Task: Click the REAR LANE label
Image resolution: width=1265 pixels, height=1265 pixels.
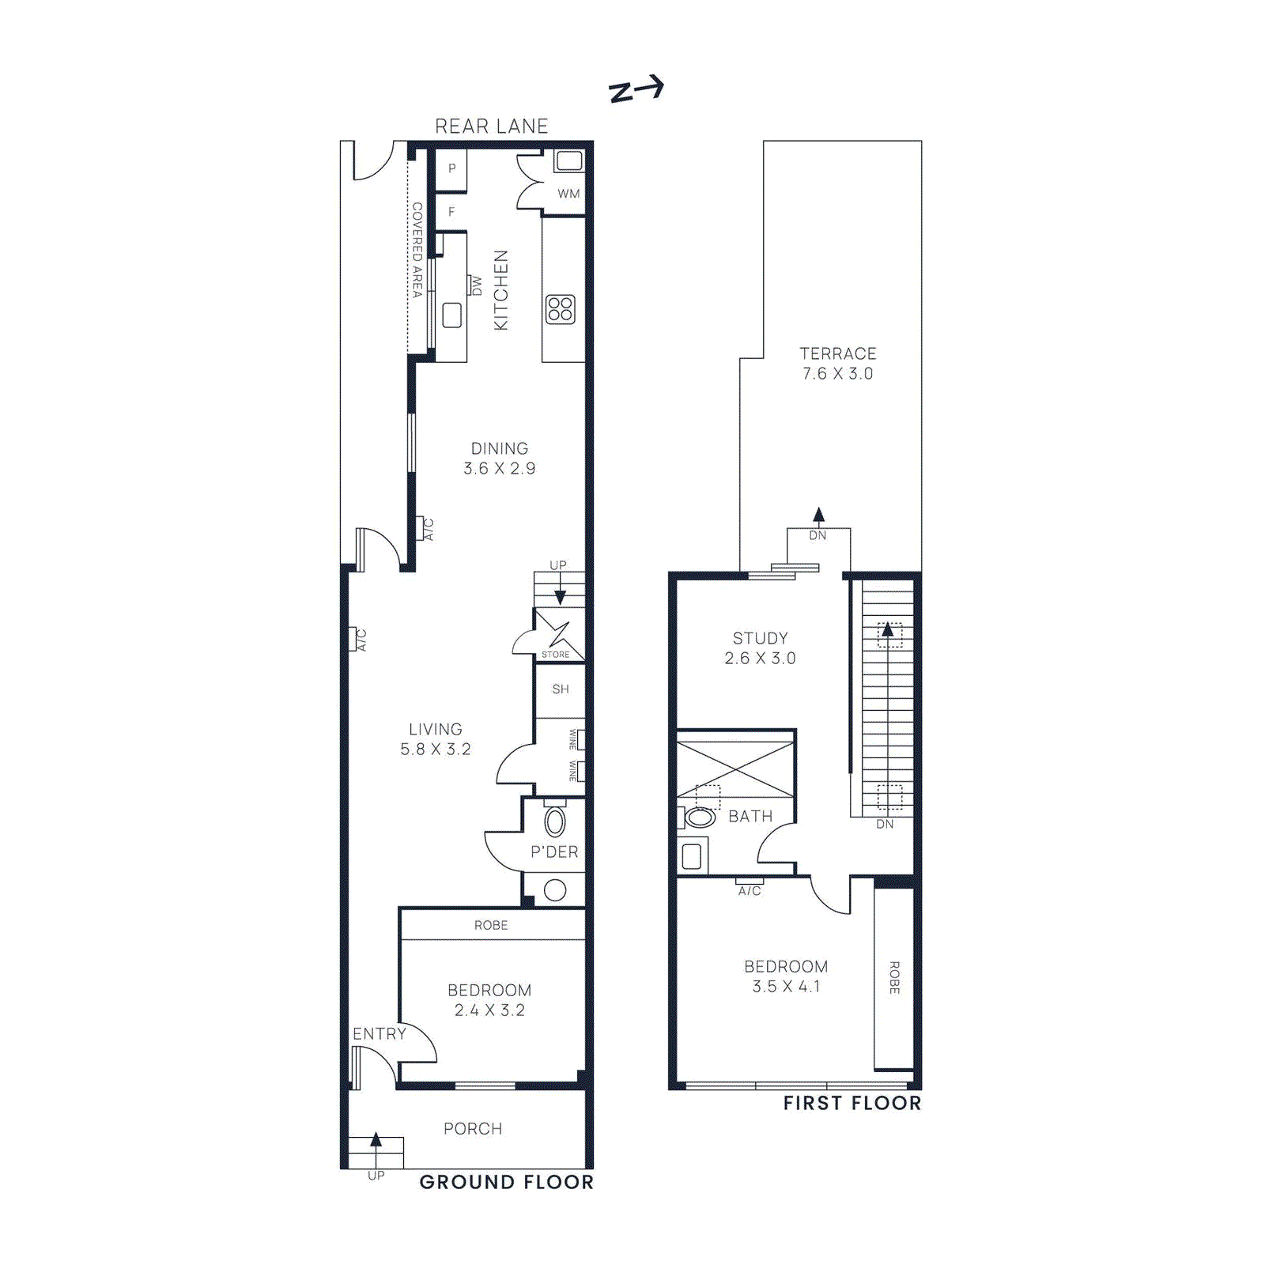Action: click(491, 126)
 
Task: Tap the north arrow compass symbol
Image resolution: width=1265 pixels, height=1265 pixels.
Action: click(636, 89)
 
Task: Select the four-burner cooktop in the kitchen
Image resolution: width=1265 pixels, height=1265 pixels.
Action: click(561, 309)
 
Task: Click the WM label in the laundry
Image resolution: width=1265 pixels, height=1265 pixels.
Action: click(568, 194)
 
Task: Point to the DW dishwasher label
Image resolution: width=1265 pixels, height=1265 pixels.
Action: click(476, 286)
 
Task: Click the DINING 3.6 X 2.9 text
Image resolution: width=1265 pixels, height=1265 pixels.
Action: click(500, 459)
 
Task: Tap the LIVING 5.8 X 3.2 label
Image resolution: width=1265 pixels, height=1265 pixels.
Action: click(436, 739)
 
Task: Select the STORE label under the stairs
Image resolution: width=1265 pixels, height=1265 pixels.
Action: click(555, 655)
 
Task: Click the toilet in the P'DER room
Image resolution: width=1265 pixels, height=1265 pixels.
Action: click(555, 821)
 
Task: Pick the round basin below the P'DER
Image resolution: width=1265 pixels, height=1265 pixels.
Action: click(555, 890)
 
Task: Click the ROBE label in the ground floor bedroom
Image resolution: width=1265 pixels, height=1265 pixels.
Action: click(491, 925)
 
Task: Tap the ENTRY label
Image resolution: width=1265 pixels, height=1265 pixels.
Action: click(379, 1034)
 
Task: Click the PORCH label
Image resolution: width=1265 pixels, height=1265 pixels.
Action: click(473, 1129)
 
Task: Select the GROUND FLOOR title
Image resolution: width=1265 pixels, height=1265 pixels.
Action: click(506, 1183)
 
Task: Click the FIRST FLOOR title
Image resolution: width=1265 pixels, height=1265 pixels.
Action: click(852, 1104)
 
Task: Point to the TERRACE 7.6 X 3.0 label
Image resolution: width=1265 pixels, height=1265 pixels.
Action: click(838, 364)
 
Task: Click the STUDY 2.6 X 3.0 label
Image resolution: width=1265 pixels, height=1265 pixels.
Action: click(760, 648)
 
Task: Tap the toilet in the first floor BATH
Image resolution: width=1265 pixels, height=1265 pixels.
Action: click(699, 817)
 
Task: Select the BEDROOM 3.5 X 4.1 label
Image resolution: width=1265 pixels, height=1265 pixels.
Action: click(786, 976)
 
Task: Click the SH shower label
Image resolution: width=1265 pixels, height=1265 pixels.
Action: click(561, 689)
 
